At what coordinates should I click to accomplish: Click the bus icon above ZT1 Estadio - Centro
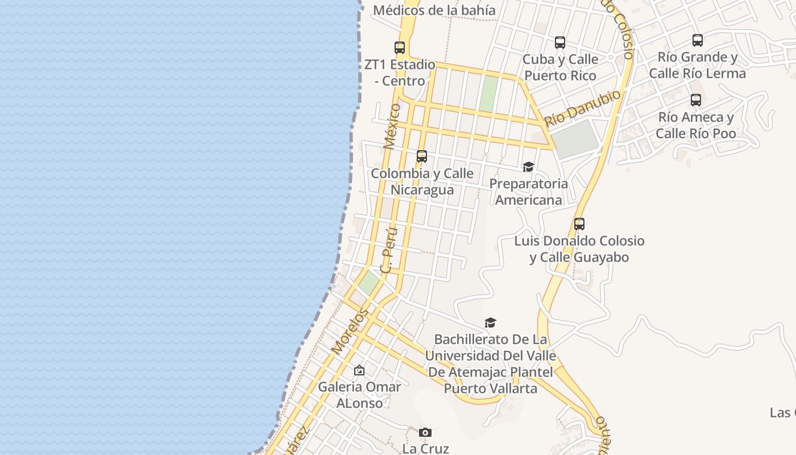400,48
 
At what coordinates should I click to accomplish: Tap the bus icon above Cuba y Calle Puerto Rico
560,43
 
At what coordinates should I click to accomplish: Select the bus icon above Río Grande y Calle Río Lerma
698,40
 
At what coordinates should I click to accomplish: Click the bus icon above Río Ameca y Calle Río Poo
696,101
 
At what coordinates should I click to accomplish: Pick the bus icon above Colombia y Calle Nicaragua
422,156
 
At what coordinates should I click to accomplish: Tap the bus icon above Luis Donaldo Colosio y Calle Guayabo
579,224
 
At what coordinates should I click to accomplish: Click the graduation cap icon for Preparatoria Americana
529,167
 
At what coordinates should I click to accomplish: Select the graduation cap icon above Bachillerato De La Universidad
490,323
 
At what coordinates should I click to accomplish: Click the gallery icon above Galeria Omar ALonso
359,371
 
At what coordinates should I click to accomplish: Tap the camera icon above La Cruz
425,433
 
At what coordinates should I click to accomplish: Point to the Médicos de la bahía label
434,10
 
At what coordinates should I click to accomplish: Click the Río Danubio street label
582,109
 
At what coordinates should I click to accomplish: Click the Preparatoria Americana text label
529,192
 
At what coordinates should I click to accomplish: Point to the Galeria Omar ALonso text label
359,395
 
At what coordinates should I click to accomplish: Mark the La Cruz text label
425,448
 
